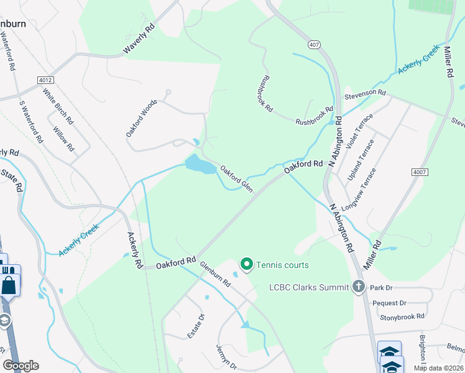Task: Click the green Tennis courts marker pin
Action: (x=246, y=265)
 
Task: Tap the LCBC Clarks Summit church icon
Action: (x=358, y=287)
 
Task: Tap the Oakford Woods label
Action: (x=141, y=118)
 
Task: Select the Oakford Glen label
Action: (x=237, y=177)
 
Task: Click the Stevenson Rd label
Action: (x=366, y=93)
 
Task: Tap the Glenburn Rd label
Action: (x=215, y=274)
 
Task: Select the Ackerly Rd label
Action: (x=134, y=250)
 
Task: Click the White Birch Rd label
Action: (x=58, y=106)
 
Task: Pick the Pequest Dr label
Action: (x=389, y=303)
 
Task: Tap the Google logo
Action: (x=21, y=366)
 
